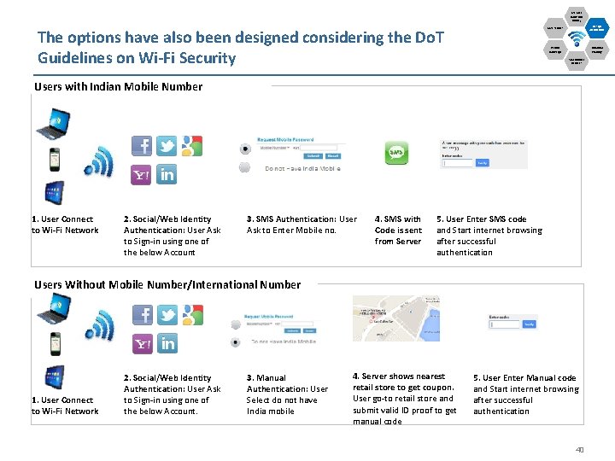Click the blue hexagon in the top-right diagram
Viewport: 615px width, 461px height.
tap(597, 28)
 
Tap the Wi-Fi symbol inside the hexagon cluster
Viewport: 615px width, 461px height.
tap(577, 38)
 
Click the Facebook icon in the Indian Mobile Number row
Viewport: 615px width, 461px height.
tap(142, 145)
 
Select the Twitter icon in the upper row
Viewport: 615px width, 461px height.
tap(167, 145)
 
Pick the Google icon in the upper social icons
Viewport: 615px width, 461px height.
tap(192, 145)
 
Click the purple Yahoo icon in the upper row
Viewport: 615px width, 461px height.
tap(142, 174)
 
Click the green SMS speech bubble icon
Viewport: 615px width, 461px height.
tap(396, 153)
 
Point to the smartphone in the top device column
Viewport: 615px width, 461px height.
tap(54, 160)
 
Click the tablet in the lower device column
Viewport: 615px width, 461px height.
tap(54, 377)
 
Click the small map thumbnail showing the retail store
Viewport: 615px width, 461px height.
tap(396, 318)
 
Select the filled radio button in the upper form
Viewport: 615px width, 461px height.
tap(246, 148)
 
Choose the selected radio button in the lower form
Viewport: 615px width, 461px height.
tap(235, 341)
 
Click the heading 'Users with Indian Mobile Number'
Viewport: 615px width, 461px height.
tap(119, 86)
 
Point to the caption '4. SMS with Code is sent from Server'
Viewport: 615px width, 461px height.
tap(398, 230)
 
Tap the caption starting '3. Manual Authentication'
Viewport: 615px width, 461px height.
tap(287, 394)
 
